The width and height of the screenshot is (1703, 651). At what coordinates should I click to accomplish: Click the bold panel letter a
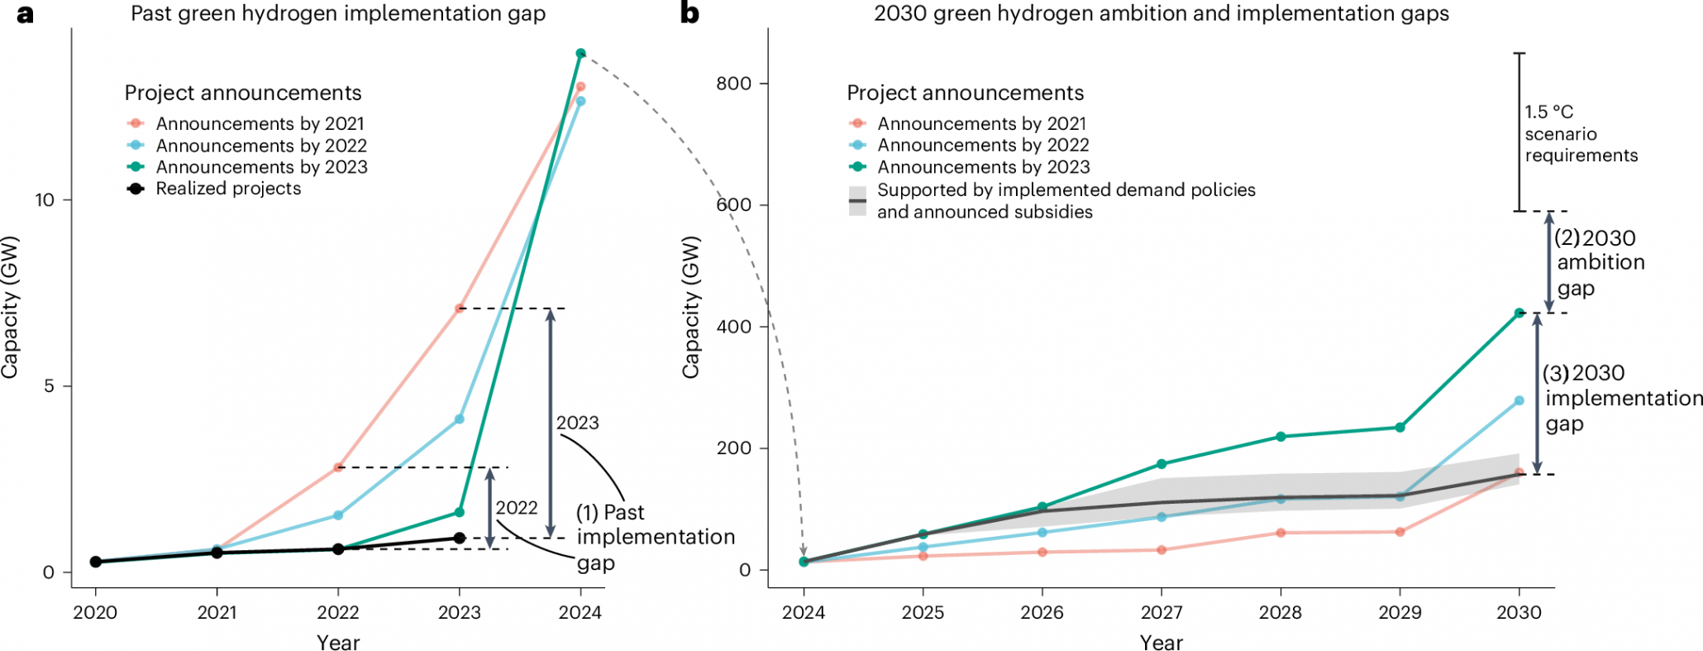(25, 14)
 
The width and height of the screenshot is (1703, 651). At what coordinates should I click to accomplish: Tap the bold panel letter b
(689, 14)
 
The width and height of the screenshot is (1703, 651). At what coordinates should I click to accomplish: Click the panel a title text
(338, 14)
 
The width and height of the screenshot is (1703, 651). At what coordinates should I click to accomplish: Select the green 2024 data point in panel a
(580, 53)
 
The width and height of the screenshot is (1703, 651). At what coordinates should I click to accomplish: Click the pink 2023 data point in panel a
(460, 309)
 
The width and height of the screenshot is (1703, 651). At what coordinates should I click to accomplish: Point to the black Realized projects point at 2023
(460, 539)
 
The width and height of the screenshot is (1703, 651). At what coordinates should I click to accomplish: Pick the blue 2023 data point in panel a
(460, 419)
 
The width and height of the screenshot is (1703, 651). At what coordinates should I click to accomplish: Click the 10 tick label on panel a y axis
(44, 200)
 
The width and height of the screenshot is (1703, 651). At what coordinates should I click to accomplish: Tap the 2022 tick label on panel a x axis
(338, 613)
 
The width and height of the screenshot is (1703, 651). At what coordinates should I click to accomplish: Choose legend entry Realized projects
(228, 189)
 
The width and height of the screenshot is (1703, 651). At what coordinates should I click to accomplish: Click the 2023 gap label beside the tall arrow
(577, 423)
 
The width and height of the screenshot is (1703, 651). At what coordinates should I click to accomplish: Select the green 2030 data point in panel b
(1519, 313)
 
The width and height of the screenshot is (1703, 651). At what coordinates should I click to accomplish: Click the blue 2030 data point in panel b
(1519, 401)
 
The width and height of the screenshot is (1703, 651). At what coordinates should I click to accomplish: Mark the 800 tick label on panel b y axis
(734, 84)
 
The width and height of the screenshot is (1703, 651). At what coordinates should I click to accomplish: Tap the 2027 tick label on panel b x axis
(1162, 613)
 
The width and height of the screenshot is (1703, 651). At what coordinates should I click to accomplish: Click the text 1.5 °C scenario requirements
(1580, 134)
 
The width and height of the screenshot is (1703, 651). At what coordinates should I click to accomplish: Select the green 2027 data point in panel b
(1162, 464)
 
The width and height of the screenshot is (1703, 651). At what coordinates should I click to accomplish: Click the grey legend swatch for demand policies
(858, 201)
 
